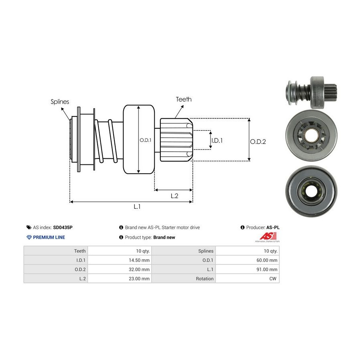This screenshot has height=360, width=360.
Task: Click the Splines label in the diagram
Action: click(60, 102)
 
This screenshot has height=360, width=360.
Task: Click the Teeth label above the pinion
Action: click(184, 99)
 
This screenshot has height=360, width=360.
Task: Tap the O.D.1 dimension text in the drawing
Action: click(145, 140)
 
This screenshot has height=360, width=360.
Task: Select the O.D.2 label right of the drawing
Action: click(258, 141)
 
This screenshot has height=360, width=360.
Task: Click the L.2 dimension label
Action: click(174, 196)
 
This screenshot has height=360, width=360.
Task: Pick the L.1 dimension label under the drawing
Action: click(137, 206)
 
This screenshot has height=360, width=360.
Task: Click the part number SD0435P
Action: click(63, 228)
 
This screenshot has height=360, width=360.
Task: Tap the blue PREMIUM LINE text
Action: click(49, 237)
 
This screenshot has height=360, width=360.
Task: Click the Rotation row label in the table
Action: click(205, 279)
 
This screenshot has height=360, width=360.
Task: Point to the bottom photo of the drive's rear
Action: click(311, 190)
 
